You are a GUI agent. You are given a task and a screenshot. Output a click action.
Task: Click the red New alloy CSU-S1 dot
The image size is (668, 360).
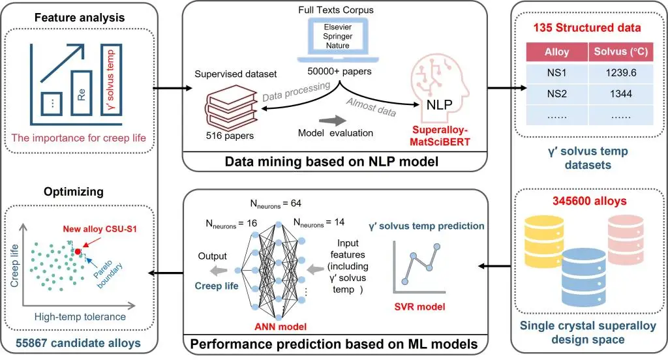click(78, 250)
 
